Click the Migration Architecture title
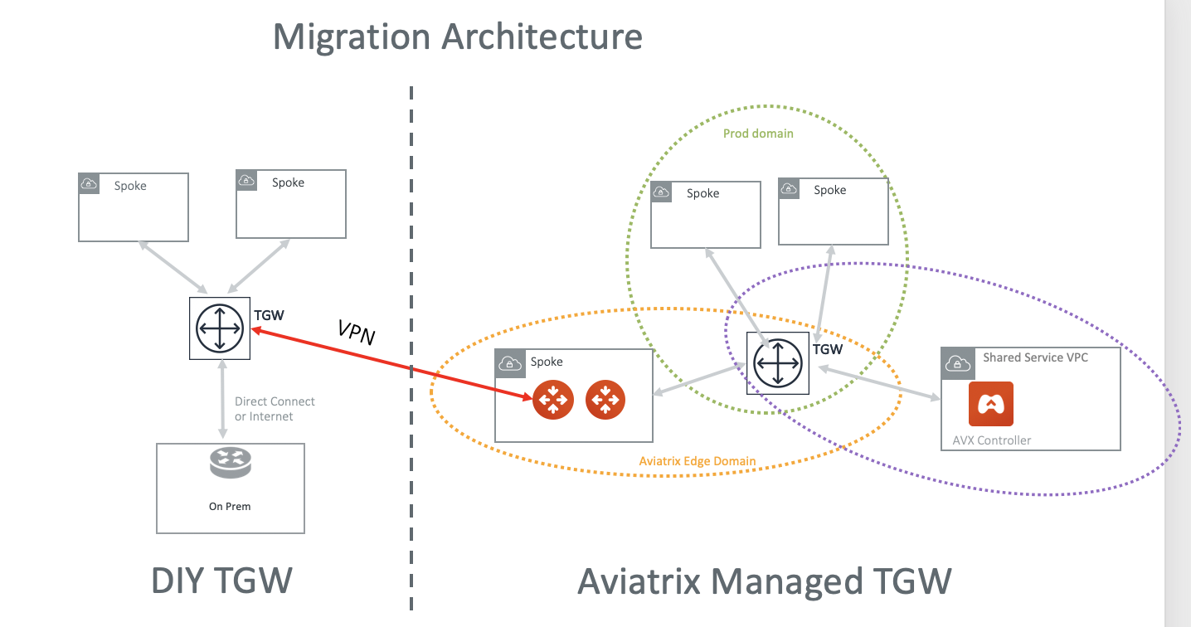click(x=457, y=37)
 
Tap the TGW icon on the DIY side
click(x=220, y=328)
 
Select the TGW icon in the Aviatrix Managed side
click(x=777, y=362)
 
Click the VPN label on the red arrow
click(x=357, y=332)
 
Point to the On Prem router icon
click(x=230, y=464)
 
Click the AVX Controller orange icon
click(x=991, y=404)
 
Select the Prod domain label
click(x=758, y=134)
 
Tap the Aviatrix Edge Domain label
click(x=698, y=461)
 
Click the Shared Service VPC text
click(x=1035, y=357)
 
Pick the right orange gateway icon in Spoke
click(x=605, y=401)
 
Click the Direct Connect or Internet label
click(x=275, y=409)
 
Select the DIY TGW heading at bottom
click(x=221, y=581)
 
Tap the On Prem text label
click(x=230, y=506)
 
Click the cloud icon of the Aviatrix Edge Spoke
click(x=511, y=362)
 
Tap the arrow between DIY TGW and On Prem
click(x=221, y=399)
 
